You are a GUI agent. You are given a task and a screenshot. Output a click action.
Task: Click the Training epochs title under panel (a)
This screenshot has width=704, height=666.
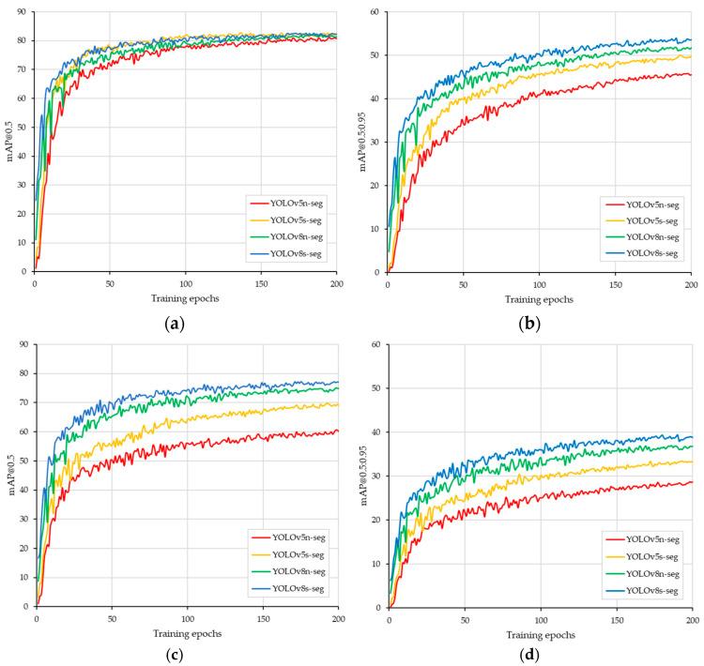pos(186,297)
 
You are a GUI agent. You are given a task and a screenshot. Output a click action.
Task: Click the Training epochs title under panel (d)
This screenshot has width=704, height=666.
pos(540,634)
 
